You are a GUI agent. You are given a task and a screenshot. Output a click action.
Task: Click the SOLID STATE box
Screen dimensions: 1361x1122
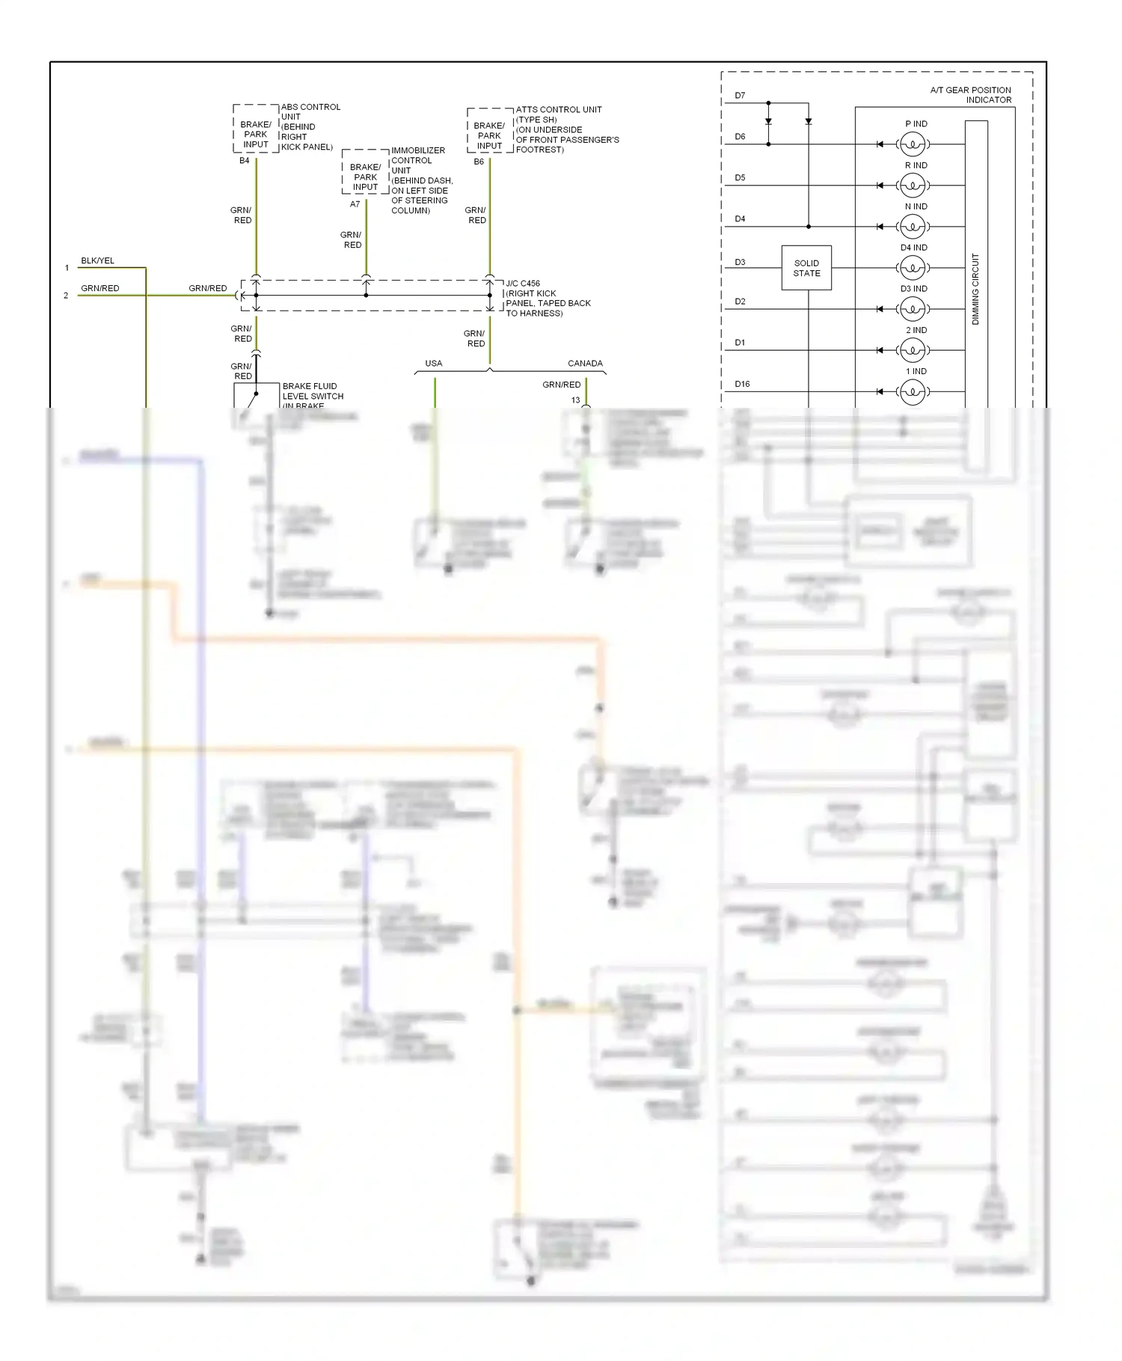coord(806,268)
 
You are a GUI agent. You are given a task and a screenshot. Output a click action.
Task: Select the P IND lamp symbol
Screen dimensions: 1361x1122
coord(913,144)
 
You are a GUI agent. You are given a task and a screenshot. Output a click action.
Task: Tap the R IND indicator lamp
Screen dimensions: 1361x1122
coord(913,185)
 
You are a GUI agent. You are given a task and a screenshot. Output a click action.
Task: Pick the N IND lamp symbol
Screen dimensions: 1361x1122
coord(913,226)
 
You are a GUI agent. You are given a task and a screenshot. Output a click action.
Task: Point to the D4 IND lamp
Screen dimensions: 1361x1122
coord(913,267)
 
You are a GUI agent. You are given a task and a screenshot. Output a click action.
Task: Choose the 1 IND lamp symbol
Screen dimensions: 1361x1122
coord(913,391)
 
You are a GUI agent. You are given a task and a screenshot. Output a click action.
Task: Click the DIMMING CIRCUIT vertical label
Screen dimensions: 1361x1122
coord(975,289)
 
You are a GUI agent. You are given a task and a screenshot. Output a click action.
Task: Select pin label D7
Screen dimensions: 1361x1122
coord(740,96)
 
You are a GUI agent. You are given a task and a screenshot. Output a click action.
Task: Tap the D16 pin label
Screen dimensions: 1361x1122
coord(742,384)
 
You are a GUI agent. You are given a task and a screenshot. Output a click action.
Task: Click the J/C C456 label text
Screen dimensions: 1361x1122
coord(523,284)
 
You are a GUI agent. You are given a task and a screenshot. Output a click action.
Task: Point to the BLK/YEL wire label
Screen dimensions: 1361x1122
coord(97,260)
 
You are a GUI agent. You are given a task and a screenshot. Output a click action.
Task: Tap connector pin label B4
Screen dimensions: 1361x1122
coord(245,161)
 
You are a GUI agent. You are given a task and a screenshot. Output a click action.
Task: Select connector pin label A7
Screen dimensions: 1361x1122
coord(355,204)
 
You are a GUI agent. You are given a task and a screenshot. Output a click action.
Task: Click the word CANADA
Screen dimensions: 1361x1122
coord(585,364)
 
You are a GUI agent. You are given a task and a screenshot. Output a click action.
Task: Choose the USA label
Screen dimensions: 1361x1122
coord(434,364)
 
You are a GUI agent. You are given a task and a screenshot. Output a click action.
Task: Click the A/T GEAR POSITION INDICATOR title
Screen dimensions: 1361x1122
coord(971,95)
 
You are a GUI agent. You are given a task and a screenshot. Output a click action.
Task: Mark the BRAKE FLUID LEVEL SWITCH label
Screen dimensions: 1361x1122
coord(313,391)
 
